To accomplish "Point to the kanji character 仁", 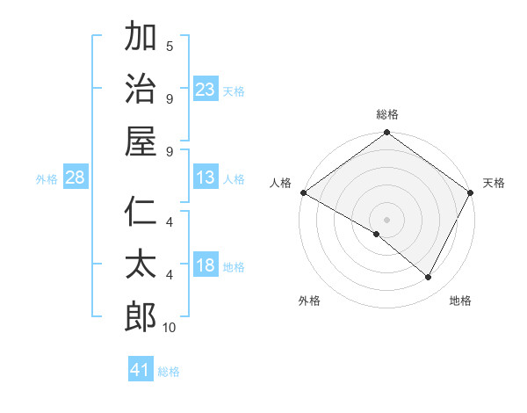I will (141, 213).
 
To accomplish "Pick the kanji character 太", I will (141, 264).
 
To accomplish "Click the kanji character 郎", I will (141, 316).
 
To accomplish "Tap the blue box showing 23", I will (206, 89).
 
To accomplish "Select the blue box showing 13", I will (206, 178).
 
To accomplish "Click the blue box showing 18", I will (206, 265).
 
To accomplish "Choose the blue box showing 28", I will (76, 178).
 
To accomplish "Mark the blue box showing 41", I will (141, 370).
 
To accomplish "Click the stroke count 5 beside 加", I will (170, 46).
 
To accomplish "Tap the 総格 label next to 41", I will (169, 372).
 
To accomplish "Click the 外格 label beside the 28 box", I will (47, 178).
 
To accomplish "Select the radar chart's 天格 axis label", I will (494, 183).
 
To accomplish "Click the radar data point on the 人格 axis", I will (303, 192).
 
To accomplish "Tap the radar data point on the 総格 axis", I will (386, 134).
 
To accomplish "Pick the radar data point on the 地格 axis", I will (429, 277).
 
